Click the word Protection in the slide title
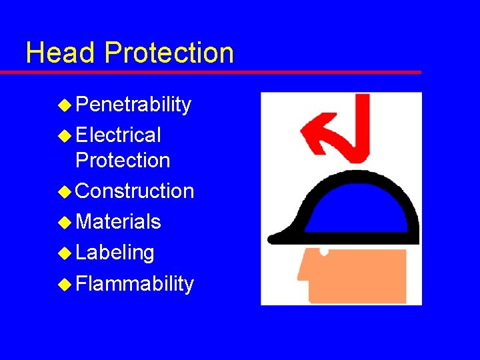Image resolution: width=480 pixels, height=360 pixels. [x=169, y=53]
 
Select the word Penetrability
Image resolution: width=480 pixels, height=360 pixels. [x=133, y=105]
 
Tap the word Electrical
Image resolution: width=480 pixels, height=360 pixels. [x=119, y=135]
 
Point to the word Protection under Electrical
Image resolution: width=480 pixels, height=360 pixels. [x=123, y=161]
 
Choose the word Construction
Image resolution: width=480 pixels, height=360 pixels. [x=135, y=191]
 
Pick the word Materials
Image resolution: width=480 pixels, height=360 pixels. [x=118, y=221]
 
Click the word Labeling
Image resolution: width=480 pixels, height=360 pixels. [x=115, y=253]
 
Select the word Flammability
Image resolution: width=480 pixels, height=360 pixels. [x=135, y=284]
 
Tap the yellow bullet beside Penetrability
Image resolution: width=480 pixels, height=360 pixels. [x=65, y=105]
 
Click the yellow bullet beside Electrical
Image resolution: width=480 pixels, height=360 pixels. [x=65, y=135]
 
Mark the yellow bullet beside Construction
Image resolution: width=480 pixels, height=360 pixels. [x=65, y=191]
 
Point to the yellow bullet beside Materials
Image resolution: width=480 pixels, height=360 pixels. [x=65, y=221]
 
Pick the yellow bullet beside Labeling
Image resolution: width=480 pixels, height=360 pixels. [x=65, y=253]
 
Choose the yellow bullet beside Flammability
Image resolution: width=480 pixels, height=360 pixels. [x=65, y=284]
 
